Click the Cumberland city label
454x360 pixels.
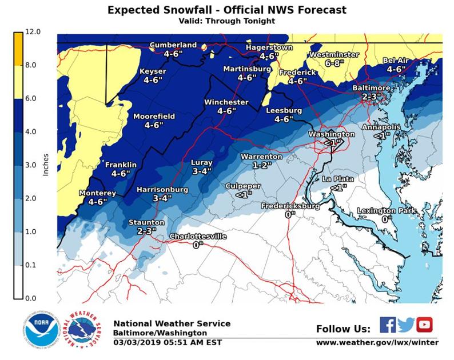(x=173, y=45)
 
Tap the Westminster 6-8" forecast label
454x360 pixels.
(x=333, y=59)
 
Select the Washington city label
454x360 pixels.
(x=331, y=134)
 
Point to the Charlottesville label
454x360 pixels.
(x=198, y=237)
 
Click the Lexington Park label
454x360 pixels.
(x=387, y=211)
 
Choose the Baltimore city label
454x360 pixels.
(x=371, y=88)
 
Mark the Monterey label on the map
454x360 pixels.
(x=97, y=193)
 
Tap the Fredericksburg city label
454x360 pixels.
(x=290, y=206)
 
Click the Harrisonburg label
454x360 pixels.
(x=162, y=189)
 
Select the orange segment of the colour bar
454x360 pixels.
(x=18, y=48)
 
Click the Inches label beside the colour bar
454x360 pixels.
(x=46, y=163)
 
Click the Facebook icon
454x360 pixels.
(x=387, y=325)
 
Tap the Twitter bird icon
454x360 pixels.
(x=405, y=325)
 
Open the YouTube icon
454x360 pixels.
(x=424, y=325)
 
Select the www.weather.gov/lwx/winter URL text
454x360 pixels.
(x=377, y=342)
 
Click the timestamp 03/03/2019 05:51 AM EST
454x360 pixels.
(x=167, y=342)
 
